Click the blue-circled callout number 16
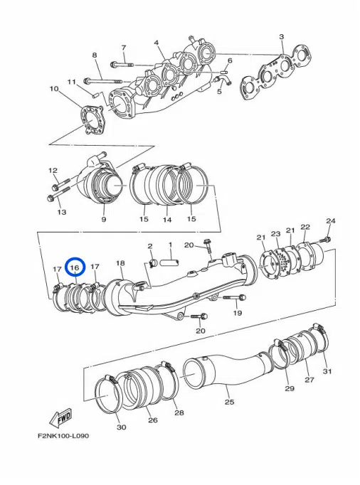click(75, 267)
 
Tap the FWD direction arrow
click(61, 415)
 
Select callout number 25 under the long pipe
click(229, 402)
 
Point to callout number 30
click(121, 427)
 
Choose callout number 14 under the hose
click(166, 220)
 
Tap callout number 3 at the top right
click(282, 36)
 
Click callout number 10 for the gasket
click(53, 89)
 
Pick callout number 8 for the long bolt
click(94, 55)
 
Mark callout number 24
click(330, 220)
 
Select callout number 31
click(327, 371)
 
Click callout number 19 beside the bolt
click(238, 313)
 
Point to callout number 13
click(61, 212)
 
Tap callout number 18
click(120, 263)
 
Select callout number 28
click(179, 412)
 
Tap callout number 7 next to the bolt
click(123, 48)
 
